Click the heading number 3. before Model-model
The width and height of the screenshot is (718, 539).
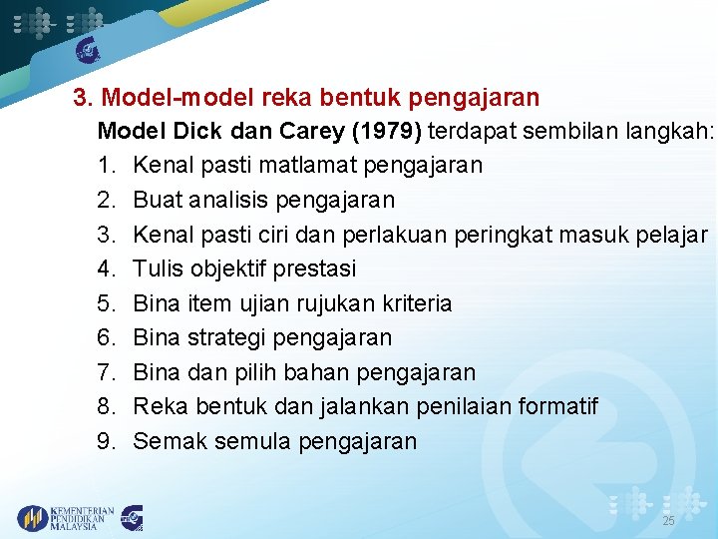(x=85, y=98)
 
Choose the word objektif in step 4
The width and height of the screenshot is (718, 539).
(x=239, y=269)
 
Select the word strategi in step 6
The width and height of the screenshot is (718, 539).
(x=238, y=338)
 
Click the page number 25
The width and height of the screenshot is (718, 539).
(x=669, y=522)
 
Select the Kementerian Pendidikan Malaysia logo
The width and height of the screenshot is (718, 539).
(x=66, y=517)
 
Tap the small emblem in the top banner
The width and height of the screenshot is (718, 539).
(x=89, y=51)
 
